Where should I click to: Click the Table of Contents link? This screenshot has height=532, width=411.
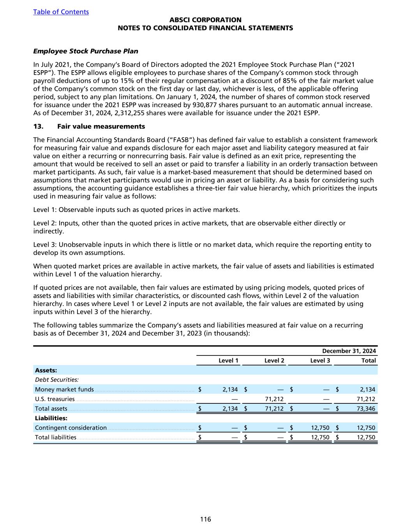click(x=61, y=12)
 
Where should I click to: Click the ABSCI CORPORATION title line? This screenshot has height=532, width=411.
click(x=205, y=20)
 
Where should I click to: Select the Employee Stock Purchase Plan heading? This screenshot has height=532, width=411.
click(x=86, y=51)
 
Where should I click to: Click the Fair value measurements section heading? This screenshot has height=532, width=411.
click(x=101, y=126)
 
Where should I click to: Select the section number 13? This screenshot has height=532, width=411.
click(x=39, y=126)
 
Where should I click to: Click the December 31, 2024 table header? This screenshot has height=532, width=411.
click(x=349, y=351)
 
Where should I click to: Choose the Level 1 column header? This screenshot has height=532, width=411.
click(x=228, y=361)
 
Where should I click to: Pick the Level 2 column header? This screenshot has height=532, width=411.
click(x=274, y=361)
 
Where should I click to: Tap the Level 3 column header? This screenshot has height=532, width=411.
click(x=320, y=361)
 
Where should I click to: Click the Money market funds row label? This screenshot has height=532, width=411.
click(x=64, y=389)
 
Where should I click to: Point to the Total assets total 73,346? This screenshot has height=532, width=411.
click(x=366, y=408)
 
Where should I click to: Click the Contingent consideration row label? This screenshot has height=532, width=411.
click(x=71, y=428)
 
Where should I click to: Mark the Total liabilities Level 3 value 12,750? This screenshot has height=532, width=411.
click(x=321, y=437)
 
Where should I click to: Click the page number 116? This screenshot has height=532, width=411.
click(x=205, y=519)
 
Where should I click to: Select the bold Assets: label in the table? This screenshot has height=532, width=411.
click(x=46, y=370)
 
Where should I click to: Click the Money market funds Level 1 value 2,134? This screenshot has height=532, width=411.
click(x=230, y=389)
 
